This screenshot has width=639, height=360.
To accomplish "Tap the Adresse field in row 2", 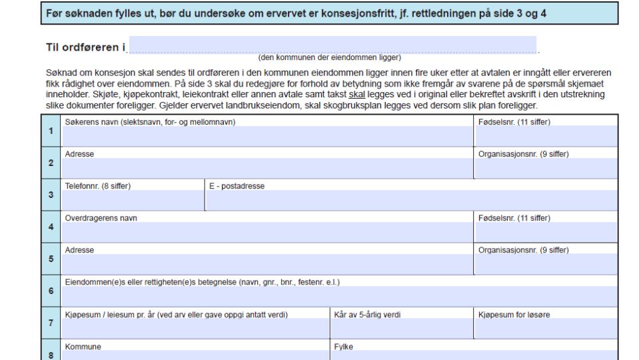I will tap(267, 168).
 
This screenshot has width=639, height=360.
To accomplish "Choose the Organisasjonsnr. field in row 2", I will tap(545, 168).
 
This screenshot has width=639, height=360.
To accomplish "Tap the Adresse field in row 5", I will tap(267, 264).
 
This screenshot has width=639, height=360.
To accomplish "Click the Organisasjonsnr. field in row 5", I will tap(545, 264).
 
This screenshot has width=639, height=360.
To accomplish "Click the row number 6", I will tap(51, 291).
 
